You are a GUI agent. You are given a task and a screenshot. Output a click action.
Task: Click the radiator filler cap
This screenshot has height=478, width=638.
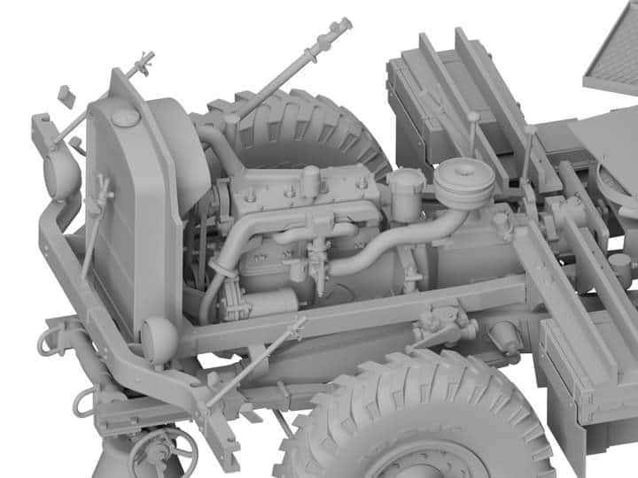[127, 116]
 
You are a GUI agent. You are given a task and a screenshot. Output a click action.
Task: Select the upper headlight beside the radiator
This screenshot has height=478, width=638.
[61, 173]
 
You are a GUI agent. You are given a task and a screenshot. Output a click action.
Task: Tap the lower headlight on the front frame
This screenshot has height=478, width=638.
[159, 338]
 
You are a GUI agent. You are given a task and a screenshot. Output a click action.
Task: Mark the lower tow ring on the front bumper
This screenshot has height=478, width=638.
[85, 404]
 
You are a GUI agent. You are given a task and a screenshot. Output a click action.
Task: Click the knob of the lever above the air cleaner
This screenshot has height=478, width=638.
[473, 115]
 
